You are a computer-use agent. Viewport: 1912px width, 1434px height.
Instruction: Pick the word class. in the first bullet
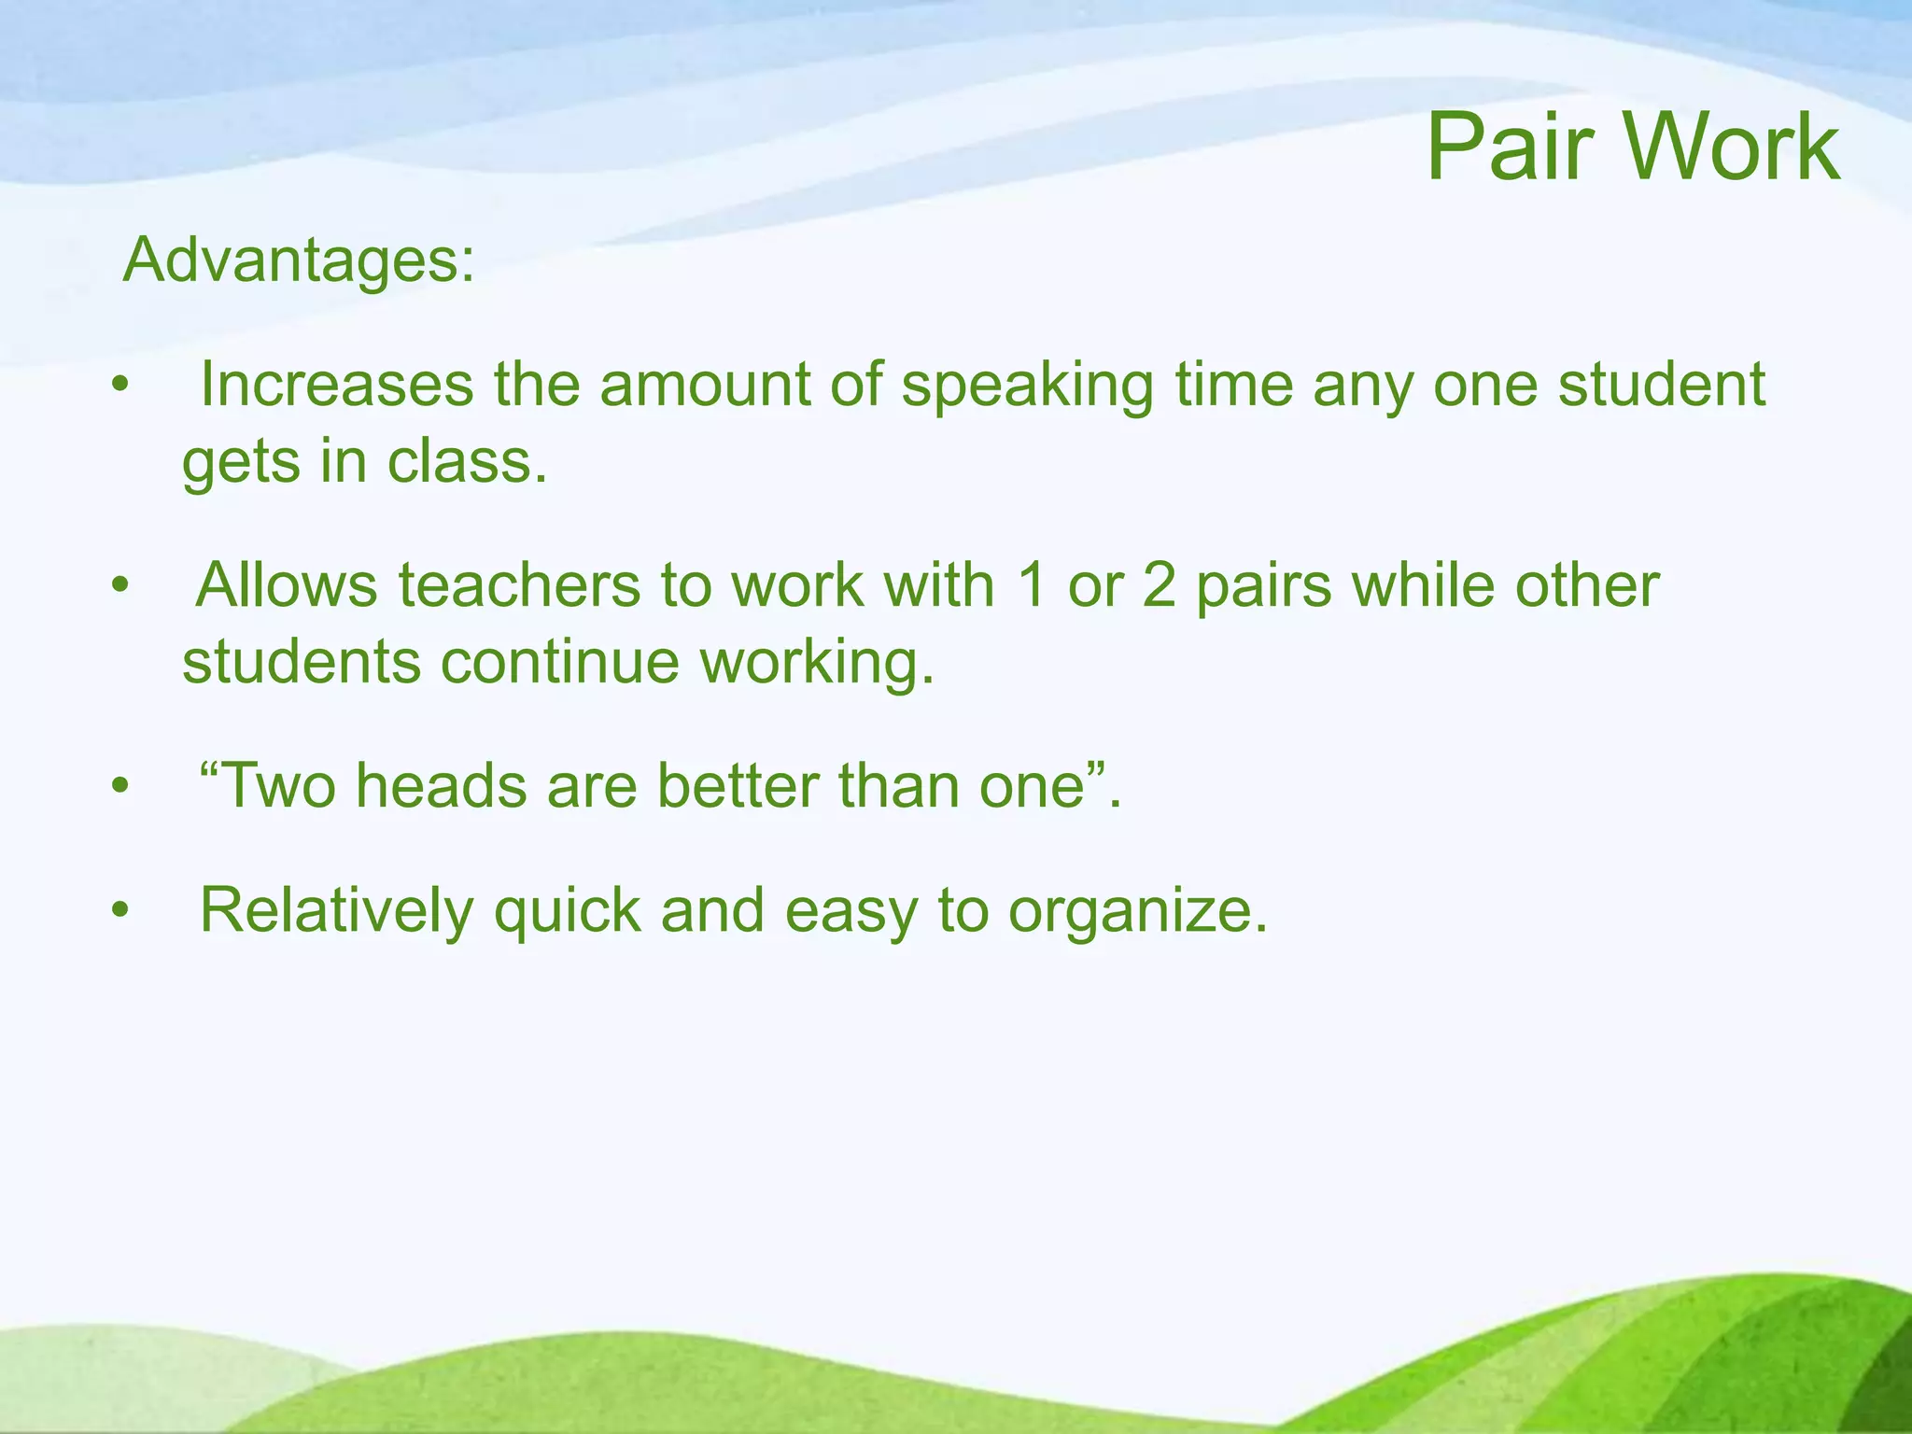tap(467, 461)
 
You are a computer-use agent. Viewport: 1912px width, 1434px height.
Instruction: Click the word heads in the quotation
tap(441, 785)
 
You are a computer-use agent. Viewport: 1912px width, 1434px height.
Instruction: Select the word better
tap(737, 785)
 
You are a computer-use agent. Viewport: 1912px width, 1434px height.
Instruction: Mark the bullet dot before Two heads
tap(119, 787)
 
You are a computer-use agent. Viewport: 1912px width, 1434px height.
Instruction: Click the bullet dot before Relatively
tap(119, 910)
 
